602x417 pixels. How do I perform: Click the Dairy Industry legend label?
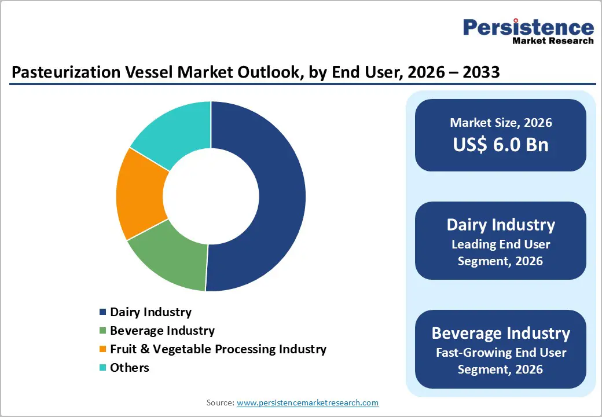click(150, 312)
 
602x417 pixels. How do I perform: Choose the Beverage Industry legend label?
click(162, 331)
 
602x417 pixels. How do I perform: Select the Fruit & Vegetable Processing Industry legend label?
click(218, 349)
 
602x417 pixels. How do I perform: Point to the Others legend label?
click(129, 368)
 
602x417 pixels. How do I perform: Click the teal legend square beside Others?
click(103, 368)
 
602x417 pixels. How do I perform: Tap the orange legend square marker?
click(103, 349)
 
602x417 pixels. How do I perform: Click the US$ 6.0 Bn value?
click(501, 144)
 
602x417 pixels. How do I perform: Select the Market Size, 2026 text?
click(501, 123)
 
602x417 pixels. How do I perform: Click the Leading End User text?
click(501, 244)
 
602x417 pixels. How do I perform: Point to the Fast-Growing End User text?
click(501, 352)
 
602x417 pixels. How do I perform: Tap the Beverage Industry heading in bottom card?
click(501, 334)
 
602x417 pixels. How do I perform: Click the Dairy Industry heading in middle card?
click(501, 225)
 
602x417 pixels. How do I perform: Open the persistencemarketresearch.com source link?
click(308, 403)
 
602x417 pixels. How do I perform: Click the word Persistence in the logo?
click(528, 28)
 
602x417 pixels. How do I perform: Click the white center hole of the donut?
click(211, 196)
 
